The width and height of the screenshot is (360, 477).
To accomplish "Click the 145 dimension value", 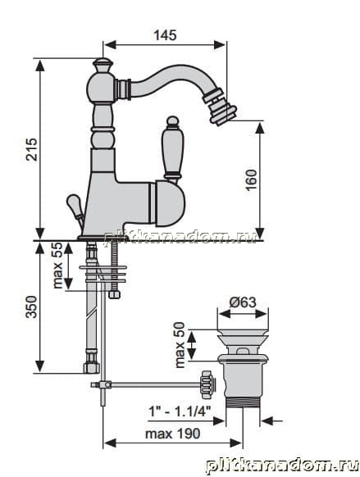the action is pyautogui.click(x=165, y=35).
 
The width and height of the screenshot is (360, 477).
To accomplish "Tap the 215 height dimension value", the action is pyautogui.click(x=32, y=149).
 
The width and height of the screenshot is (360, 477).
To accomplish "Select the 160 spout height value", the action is pyautogui.click(x=251, y=180).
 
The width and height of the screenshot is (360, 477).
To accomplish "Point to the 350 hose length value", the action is pyautogui.click(x=31, y=307).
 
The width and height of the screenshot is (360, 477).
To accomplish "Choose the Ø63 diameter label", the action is pyautogui.click(x=243, y=302).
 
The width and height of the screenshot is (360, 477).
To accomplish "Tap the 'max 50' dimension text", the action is pyautogui.click(x=180, y=345).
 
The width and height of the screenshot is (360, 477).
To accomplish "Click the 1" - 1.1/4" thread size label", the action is pyautogui.click(x=180, y=411).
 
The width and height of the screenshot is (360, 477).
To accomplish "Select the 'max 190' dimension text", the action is pyautogui.click(x=172, y=434).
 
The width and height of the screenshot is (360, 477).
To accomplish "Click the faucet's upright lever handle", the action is pyautogui.click(x=172, y=150).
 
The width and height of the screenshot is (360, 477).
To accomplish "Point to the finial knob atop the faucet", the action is pyautogui.click(x=103, y=66).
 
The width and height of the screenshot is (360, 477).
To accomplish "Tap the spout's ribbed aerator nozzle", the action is pyautogui.click(x=220, y=106).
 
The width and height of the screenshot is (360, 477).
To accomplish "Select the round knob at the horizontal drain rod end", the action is pyautogui.click(x=207, y=385).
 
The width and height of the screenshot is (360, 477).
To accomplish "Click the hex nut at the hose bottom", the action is pyautogui.click(x=91, y=367).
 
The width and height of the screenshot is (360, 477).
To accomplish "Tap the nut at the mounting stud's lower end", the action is pyautogui.click(x=114, y=294).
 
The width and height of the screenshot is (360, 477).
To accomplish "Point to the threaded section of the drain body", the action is pyautogui.click(x=243, y=402).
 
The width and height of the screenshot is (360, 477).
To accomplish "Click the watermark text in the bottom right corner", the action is pyautogui.click(x=282, y=466).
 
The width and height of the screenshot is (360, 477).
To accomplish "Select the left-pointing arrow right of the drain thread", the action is pyautogui.click(x=271, y=421).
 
